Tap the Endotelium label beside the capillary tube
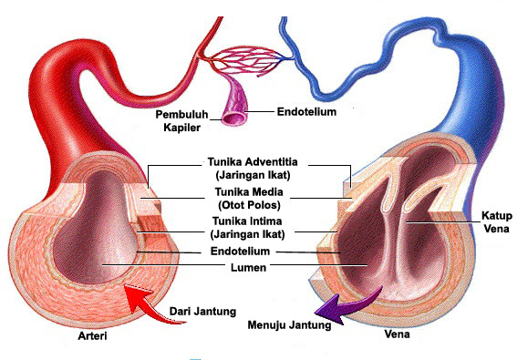click(x=306, y=112)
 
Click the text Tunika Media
click(x=245, y=192)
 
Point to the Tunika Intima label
click(x=244, y=221)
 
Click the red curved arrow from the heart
click(x=142, y=297)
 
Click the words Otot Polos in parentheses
click(x=246, y=205)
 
